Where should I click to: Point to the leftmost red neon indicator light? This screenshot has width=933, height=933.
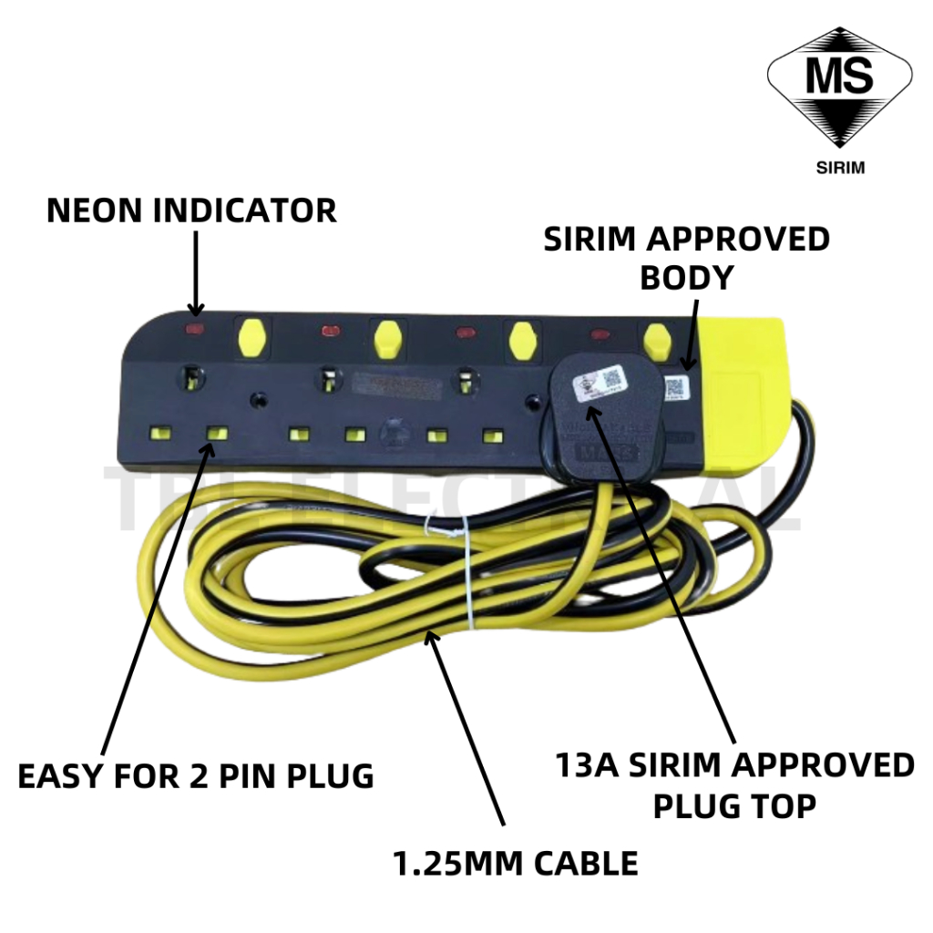194,326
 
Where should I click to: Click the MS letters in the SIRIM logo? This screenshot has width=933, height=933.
839,78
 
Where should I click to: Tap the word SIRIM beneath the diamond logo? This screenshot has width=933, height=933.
838,168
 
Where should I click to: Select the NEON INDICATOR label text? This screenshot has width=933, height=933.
191,210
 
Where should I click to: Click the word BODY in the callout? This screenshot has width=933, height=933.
686,278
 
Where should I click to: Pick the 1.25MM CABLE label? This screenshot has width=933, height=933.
516,862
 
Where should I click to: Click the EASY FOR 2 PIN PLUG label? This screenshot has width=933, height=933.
196,776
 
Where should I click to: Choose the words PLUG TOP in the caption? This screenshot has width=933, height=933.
734,805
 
